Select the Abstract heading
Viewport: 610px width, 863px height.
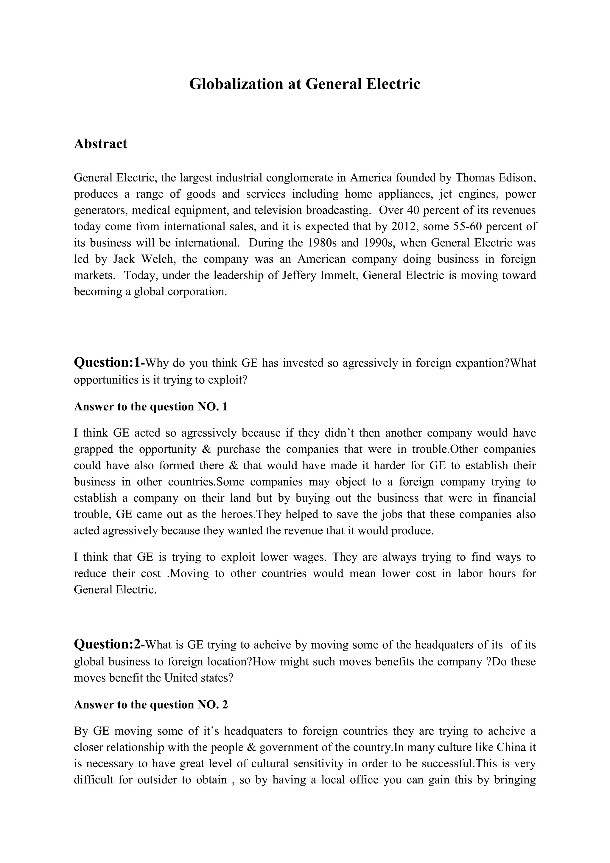click(100, 144)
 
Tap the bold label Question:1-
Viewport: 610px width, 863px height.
click(109, 363)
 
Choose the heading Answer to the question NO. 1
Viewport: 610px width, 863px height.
click(151, 407)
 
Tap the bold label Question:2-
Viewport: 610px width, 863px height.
click(109, 644)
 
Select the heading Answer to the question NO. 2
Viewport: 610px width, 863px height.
click(151, 704)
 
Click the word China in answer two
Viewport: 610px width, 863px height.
click(511, 747)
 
